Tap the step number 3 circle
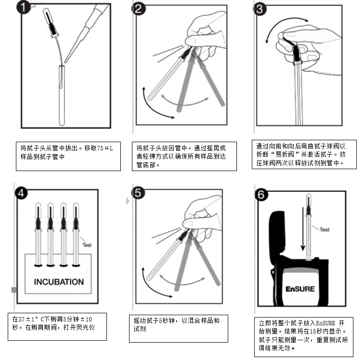click(260, 8)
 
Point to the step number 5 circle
click(139, 193)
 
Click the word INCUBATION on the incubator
click(59, 282)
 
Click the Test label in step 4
click(87, 245)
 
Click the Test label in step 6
click(325, 229)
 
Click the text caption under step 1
click(68, 152)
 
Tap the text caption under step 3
click(304, 154)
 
